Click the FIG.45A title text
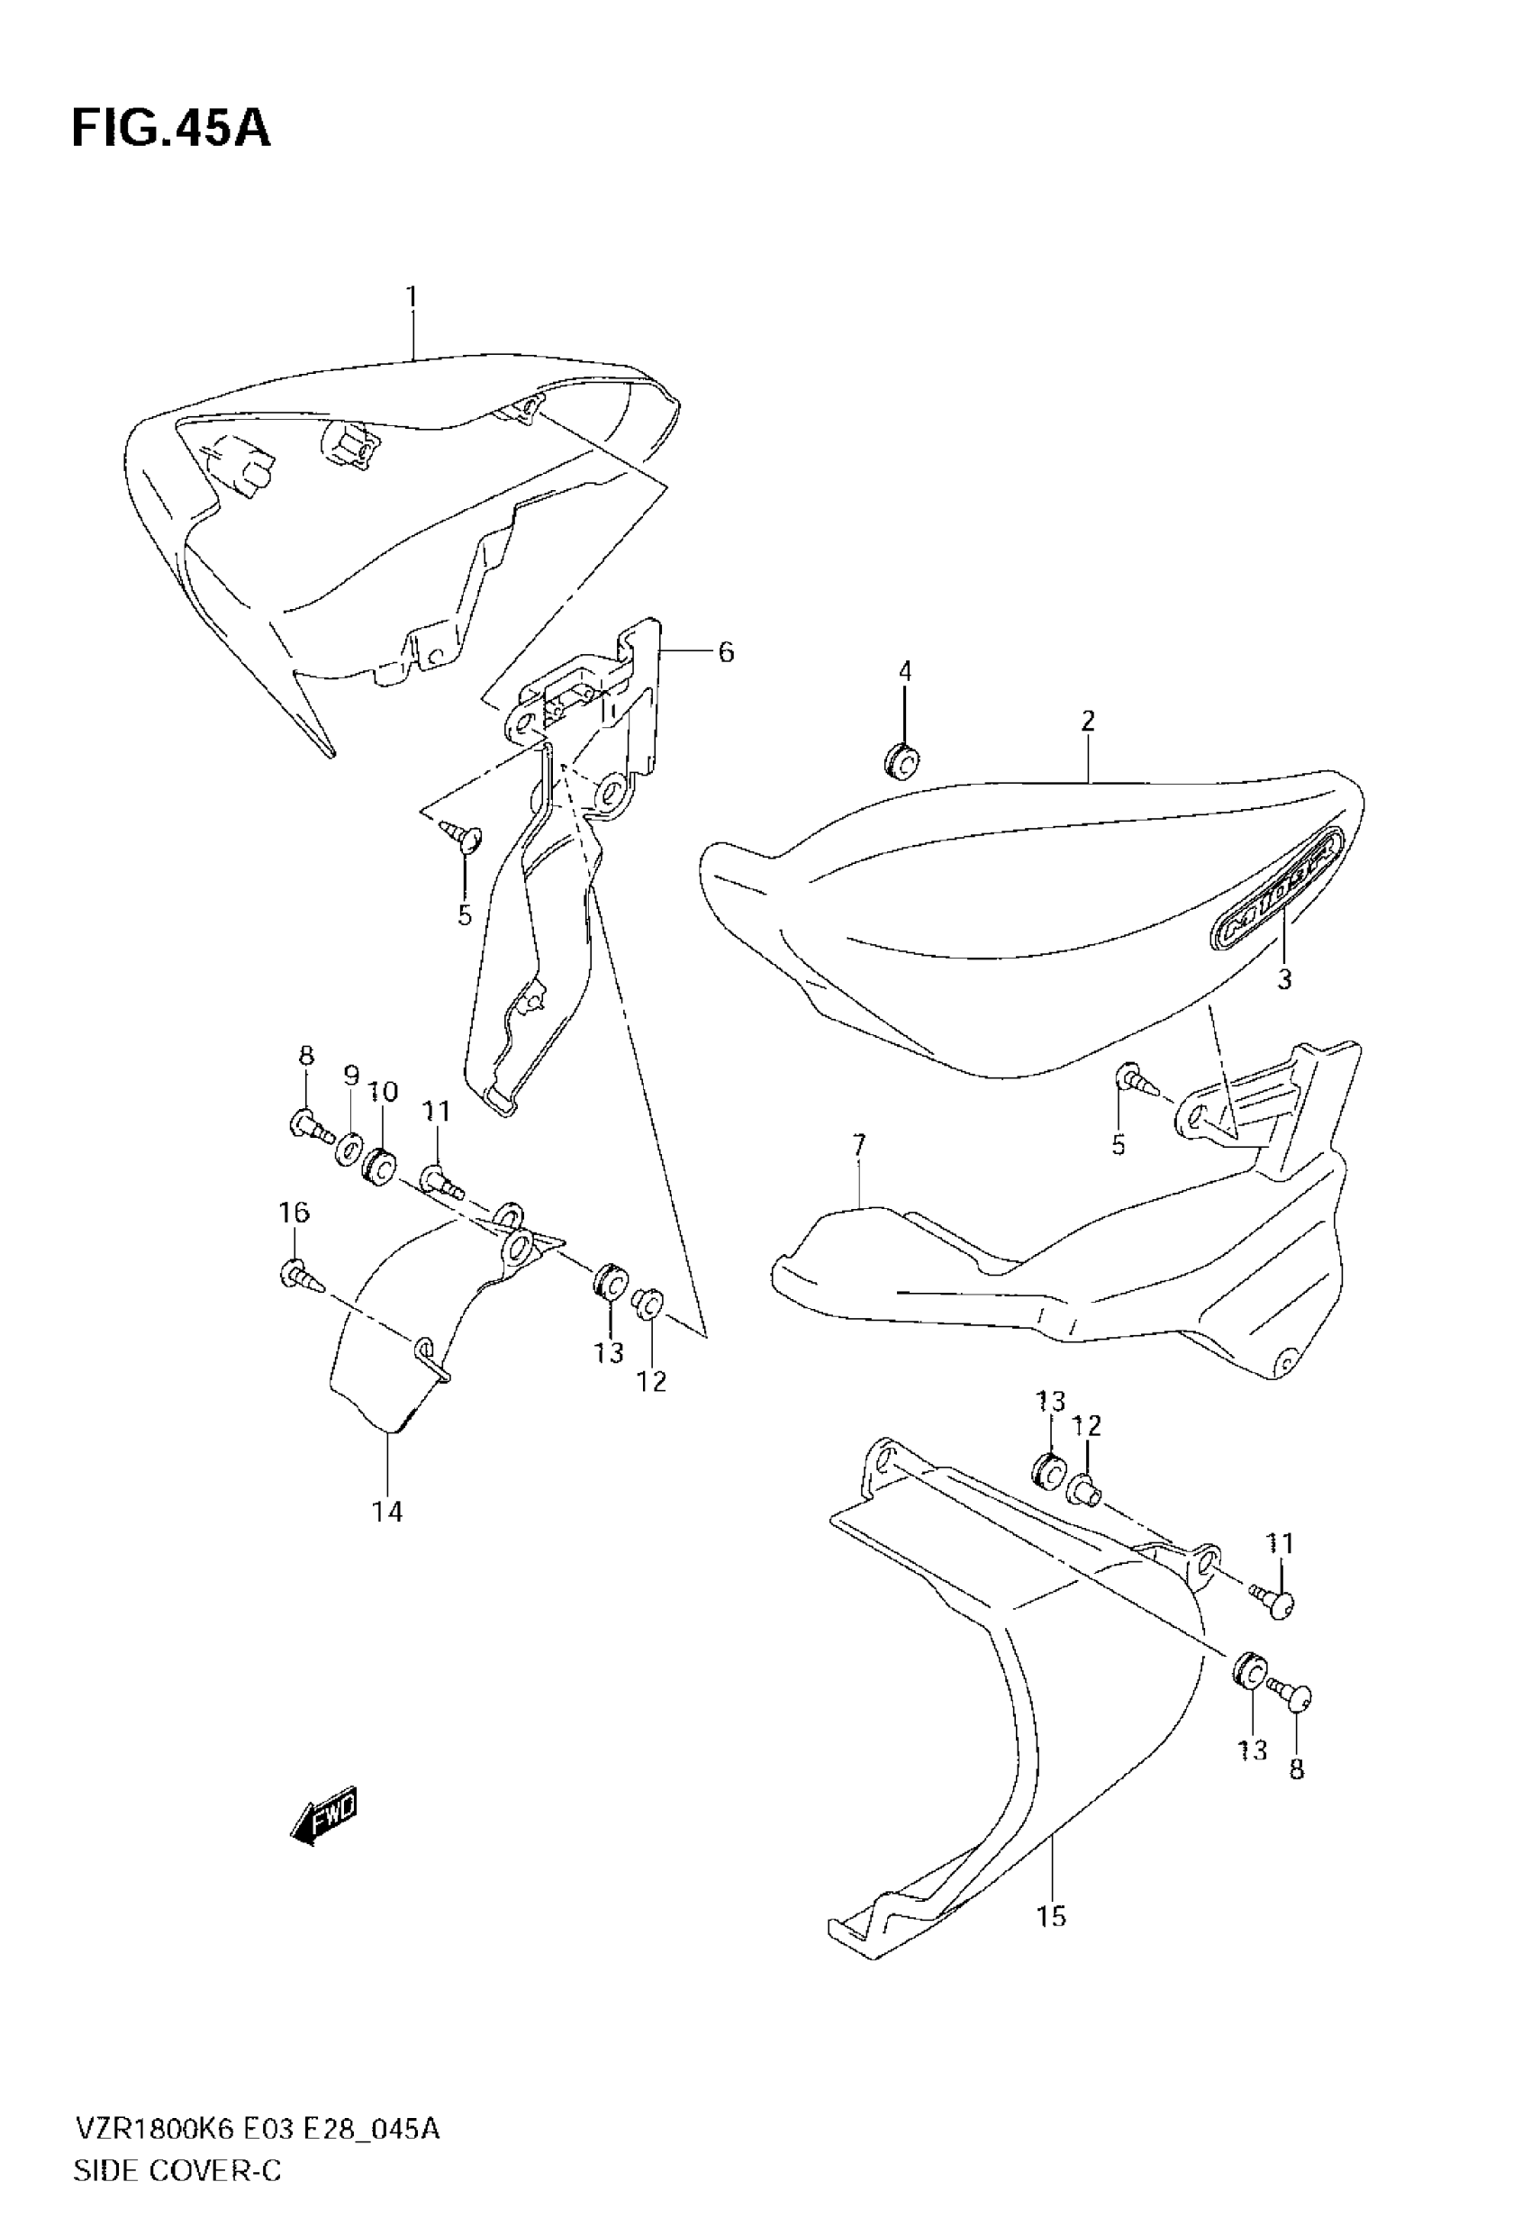[x=171, y=130]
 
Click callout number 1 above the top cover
[x=412, y=296]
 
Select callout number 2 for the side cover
[x=1087, y=722]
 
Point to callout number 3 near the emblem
[x=1283, y=979]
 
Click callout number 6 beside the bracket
[x=725, y=652]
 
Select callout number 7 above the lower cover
[x=858, y=1144]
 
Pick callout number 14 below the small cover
[x=387, y=1512]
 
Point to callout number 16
[x=294, y=1213]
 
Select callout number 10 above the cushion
[x=383, y=1092]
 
